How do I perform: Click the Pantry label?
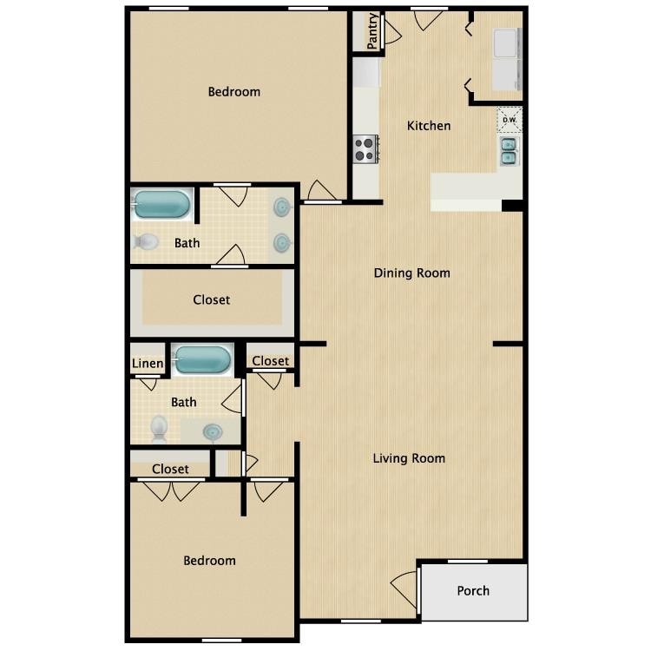(372, 31)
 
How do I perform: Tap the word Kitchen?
(429, 126)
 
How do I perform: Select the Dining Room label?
(411, 273)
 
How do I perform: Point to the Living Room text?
(409, 458)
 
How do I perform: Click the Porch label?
(473, 591)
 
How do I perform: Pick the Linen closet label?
(148, 363)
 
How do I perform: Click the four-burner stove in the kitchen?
(365, 149)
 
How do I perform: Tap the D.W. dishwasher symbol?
(510, 120)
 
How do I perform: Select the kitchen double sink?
(509, 152)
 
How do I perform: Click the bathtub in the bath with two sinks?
(162, 206)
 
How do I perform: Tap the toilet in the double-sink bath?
(147, 241)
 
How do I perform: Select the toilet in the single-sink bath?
(159, 427)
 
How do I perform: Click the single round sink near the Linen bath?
(212, 431)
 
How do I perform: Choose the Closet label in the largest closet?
(212, 299)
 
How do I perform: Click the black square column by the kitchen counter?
(513, 206)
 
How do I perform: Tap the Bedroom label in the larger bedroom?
(234, 91)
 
